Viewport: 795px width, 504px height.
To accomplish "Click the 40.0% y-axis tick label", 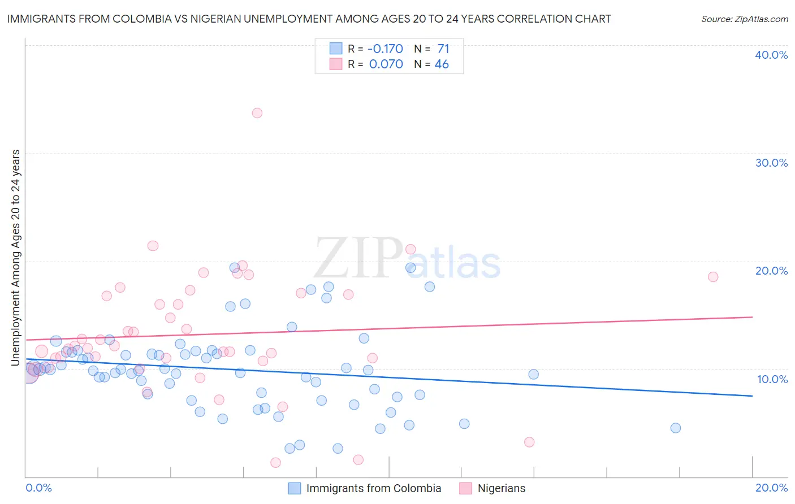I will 771,55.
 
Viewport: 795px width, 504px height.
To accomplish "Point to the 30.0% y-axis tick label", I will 771,163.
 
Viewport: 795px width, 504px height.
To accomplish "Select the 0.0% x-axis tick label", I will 38,488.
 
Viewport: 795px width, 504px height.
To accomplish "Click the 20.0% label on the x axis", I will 771,488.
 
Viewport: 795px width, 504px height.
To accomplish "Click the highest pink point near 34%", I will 257,113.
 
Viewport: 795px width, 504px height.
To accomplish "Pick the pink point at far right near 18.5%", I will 713,277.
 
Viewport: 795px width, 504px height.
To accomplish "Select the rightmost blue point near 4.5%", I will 676,428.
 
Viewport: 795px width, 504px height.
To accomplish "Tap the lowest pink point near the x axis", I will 275,463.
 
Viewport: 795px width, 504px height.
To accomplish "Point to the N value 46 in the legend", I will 442,64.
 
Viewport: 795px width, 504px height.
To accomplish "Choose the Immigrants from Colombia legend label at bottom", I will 373,488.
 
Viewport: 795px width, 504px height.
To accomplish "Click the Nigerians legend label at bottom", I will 501,488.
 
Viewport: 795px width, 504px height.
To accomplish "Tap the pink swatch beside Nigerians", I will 465,488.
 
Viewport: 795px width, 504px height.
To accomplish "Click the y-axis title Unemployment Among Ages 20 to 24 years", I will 16,258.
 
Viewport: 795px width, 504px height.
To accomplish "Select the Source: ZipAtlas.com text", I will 744,19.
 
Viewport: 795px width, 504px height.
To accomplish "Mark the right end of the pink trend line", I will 753,317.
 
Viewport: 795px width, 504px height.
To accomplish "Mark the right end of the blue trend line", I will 753,396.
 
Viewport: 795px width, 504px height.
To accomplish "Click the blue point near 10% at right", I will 533,374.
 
